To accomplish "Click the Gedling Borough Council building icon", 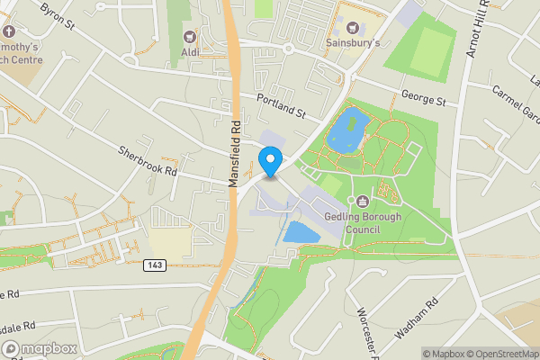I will pyautogui.click(x=362, y=202).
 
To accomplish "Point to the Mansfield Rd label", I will pyautogui.click(x=236, y=154).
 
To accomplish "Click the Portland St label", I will pyautogui.click(x=282, y=108).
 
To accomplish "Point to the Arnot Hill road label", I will pyautogui.click(x=476, y=31).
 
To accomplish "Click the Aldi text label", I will pyautogui.click(x=191, y=53).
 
